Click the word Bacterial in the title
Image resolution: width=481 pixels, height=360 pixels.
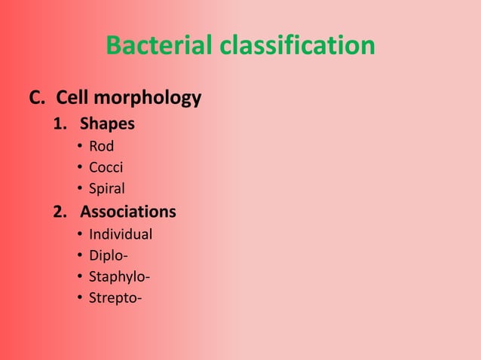(159, 46)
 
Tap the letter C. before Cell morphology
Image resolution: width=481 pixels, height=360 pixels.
(37, 98)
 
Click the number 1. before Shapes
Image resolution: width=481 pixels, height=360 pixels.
(61, 124)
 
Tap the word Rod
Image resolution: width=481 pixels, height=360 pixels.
(101, 147)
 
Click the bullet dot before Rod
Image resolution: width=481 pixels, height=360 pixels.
(79, 147)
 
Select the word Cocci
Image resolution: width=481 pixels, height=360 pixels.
(106, 167)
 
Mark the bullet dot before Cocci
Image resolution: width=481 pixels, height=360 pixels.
(79, 168)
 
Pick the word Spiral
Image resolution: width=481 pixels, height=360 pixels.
(107, 189)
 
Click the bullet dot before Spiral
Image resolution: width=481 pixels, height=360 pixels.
(79, 189)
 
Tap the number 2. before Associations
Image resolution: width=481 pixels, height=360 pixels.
(61, 212)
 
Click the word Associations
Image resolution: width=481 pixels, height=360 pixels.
(128, 212)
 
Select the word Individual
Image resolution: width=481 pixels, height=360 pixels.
(120, 234)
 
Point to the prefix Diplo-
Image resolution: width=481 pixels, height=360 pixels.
(108, 255)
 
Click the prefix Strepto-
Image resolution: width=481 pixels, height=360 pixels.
(115, 298)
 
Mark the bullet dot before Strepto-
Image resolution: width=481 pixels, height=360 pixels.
(79, 298)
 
